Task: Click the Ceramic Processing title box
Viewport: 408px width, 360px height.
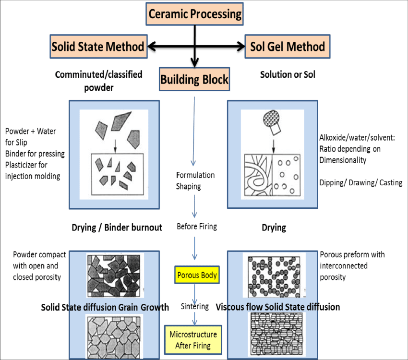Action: click(194, 13)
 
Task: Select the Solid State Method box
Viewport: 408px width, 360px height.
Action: click(98, 47)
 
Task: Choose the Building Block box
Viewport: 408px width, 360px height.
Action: click(194, 79)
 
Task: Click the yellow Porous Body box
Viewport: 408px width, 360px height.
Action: click(197, 276)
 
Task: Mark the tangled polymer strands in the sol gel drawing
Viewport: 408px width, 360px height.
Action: click(258, 173)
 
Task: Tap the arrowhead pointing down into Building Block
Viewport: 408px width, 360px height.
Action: click(194, 63)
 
